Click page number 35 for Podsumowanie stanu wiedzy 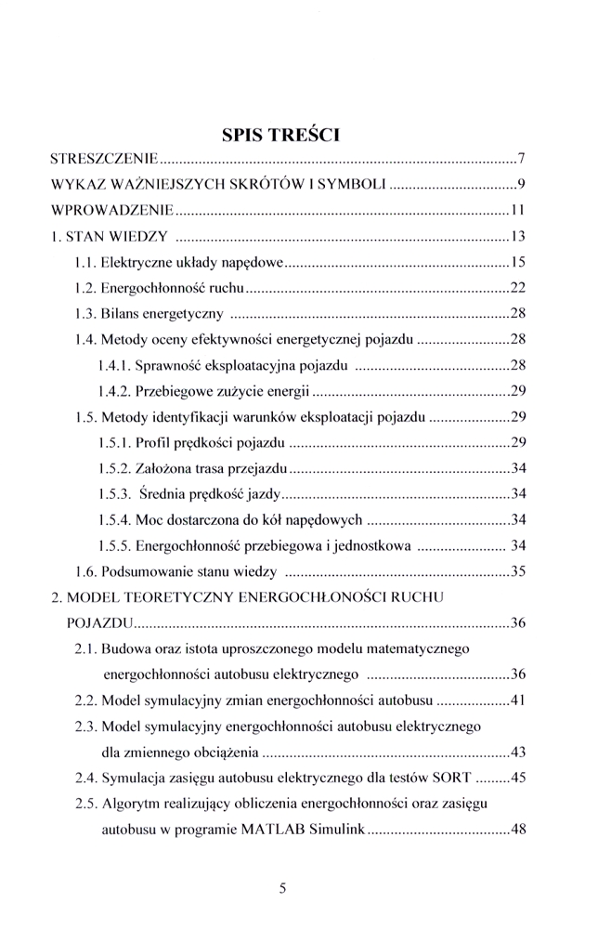tap(519, 570)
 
